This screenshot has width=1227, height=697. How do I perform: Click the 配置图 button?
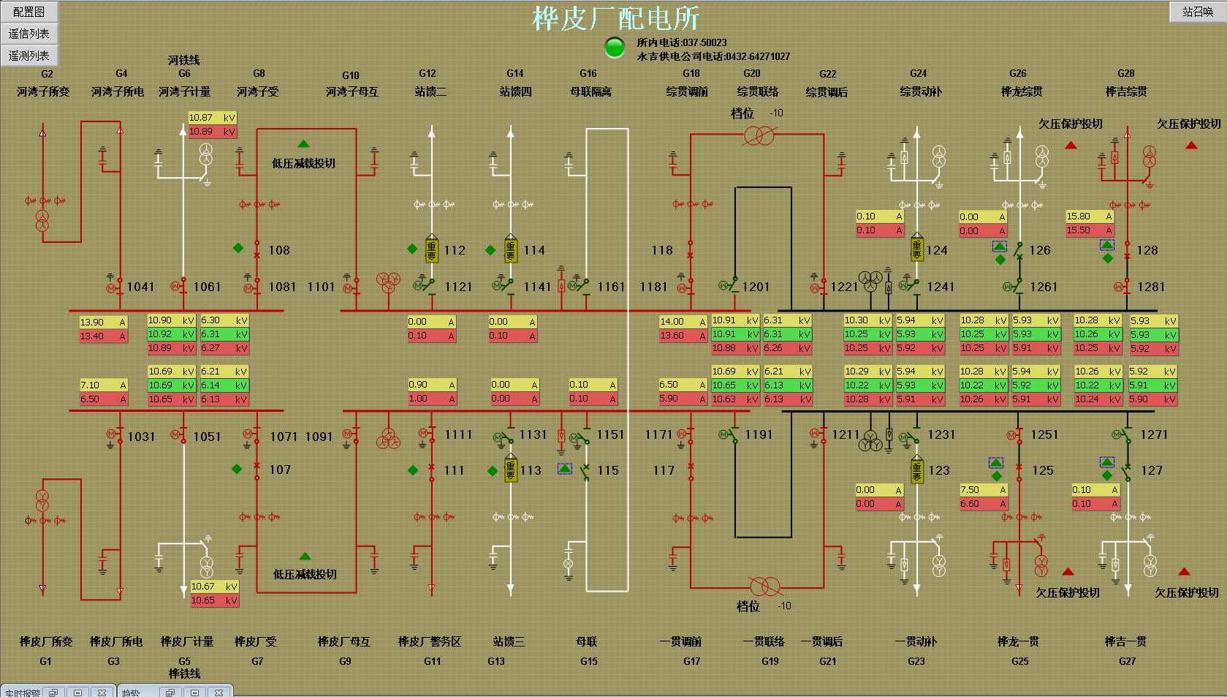click(x=29, y=12)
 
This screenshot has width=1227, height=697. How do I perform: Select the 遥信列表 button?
click(x=29, y=34)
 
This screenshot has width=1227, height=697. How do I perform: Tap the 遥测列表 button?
click(x=29, y=56)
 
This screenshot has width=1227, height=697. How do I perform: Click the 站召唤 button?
click(x=1197, y=12)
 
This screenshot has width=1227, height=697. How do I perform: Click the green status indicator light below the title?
click(x=615, y=48)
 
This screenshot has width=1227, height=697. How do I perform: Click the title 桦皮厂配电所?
click(x=615, y=18)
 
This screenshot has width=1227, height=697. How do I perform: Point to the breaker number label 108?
click(x=279, y=250)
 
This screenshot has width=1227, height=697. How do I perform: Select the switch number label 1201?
click(x=756, y=287)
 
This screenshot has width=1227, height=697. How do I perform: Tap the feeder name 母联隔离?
click(x=590, y=91)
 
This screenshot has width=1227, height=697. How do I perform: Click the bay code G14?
click(x=515, y=73)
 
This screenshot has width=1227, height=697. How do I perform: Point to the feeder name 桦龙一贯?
click(x=1018, y=641)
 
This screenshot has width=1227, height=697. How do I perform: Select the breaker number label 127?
click(x=1152, y=470)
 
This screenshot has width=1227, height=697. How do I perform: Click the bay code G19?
click(x=770, y=661)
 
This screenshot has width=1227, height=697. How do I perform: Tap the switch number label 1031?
click(x=141, y=437)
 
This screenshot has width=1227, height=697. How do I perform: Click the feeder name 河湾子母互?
click(x=352, y=91)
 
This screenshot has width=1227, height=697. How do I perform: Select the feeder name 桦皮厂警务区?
click(x=430, y=641)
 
